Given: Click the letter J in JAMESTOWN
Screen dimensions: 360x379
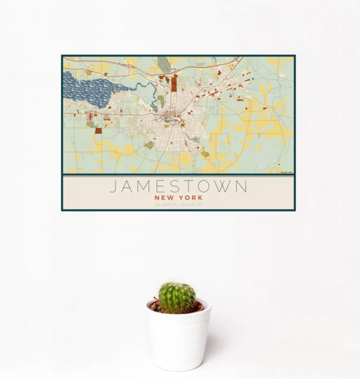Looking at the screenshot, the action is tap(113, 186).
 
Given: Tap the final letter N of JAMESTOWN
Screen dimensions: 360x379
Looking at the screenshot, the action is tap(242, 186).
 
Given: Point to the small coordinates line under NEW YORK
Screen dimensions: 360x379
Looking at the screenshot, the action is tap(178, 204).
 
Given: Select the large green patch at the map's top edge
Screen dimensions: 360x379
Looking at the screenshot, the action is tap(164, 64).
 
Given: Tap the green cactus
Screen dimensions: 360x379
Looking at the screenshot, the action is tap(178, 297).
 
